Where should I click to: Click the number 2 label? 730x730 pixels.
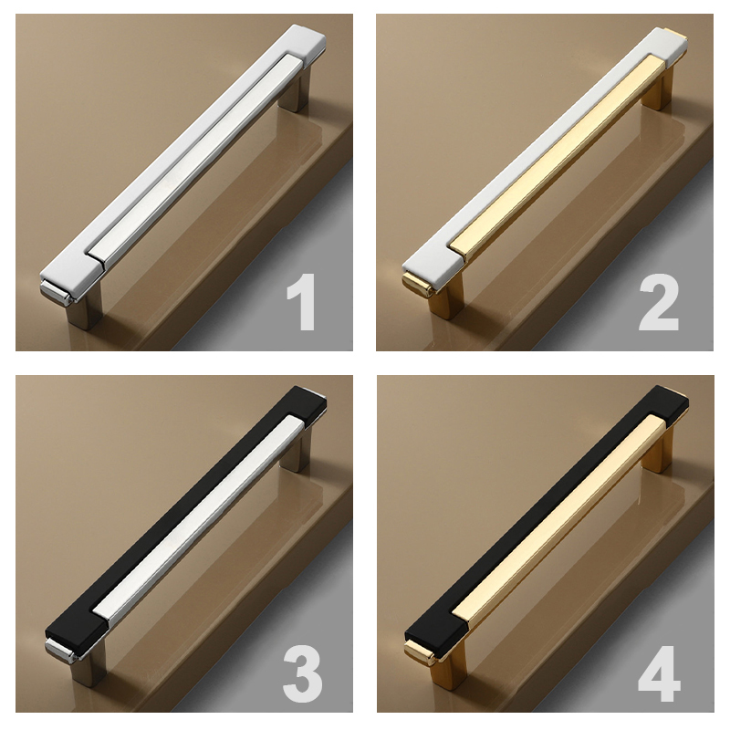pos(660,304)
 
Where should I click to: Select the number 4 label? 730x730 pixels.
pos(660,673)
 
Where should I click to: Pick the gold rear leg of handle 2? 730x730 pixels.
pos(656,91)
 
